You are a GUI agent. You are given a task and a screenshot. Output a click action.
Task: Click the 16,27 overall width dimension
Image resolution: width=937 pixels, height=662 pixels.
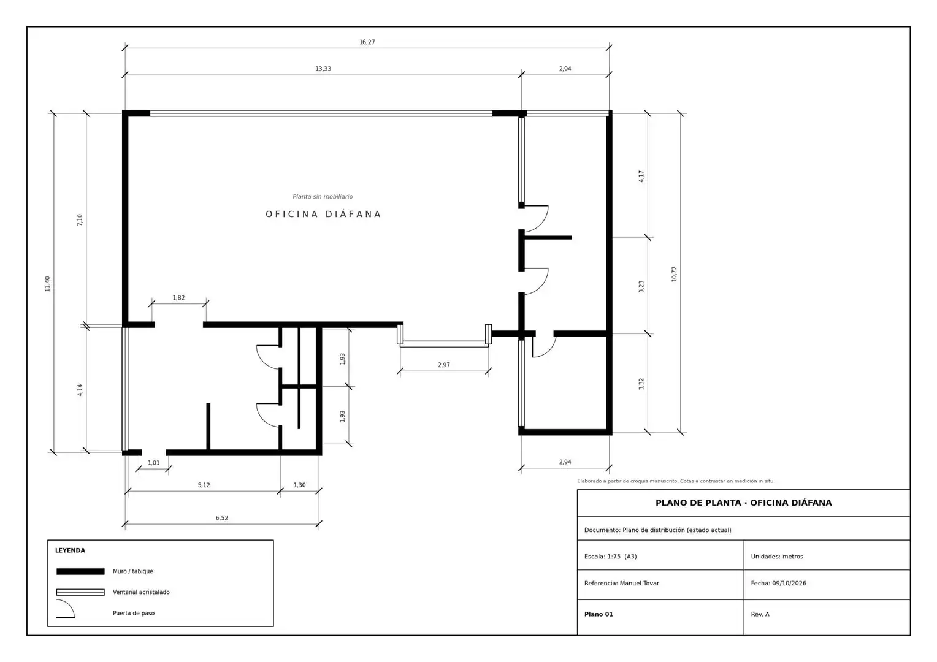click(x=367, y=42)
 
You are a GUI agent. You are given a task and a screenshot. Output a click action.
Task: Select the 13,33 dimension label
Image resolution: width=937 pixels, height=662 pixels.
click(x=323, y=69)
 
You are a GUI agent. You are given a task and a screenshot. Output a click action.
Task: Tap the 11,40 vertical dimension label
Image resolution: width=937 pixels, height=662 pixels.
click(x=47, y=284)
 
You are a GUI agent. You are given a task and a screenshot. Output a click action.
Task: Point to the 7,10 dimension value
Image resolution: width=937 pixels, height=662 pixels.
click(x=80, y=220)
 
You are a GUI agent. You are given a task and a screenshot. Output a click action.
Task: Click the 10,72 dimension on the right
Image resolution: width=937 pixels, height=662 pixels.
click(x=674, y=274)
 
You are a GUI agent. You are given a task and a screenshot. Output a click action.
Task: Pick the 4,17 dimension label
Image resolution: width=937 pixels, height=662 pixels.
click(x=641, y=176)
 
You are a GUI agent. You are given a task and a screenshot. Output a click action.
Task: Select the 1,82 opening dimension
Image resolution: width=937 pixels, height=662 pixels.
click(x=178, y=298)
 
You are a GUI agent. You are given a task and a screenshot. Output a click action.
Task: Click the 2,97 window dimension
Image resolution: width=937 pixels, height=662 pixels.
click(x=444, y=365)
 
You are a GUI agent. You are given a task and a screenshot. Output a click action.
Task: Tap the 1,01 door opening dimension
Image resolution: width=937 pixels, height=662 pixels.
click(x=153, y=463)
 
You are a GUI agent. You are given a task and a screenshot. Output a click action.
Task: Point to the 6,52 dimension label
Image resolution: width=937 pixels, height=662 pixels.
click(x=222, y=518)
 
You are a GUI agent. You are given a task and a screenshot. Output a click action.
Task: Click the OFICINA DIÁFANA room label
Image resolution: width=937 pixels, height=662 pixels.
click(x=323, y=214)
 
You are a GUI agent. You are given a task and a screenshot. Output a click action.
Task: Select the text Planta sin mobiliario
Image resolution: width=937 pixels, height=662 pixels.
click(x=323, y=197)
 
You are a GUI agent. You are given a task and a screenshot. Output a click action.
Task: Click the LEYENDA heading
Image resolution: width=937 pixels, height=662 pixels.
click(x=71, y=550)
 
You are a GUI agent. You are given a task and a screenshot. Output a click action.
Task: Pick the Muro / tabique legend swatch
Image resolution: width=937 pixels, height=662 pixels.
click(x=80, y=571)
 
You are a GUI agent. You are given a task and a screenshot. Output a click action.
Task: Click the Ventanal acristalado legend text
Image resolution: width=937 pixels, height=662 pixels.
click(x=141, y=592)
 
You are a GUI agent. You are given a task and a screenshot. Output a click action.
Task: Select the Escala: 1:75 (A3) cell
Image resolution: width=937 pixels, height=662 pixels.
click(x=610, y=557)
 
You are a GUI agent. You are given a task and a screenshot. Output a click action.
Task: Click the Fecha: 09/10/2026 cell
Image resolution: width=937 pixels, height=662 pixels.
click(x=778, y=584)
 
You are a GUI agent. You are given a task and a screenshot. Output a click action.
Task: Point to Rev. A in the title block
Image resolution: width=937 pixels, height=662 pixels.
click(x=760, y=614)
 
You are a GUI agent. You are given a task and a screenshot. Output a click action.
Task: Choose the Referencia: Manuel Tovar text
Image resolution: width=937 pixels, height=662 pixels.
click(x=622, y=584)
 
